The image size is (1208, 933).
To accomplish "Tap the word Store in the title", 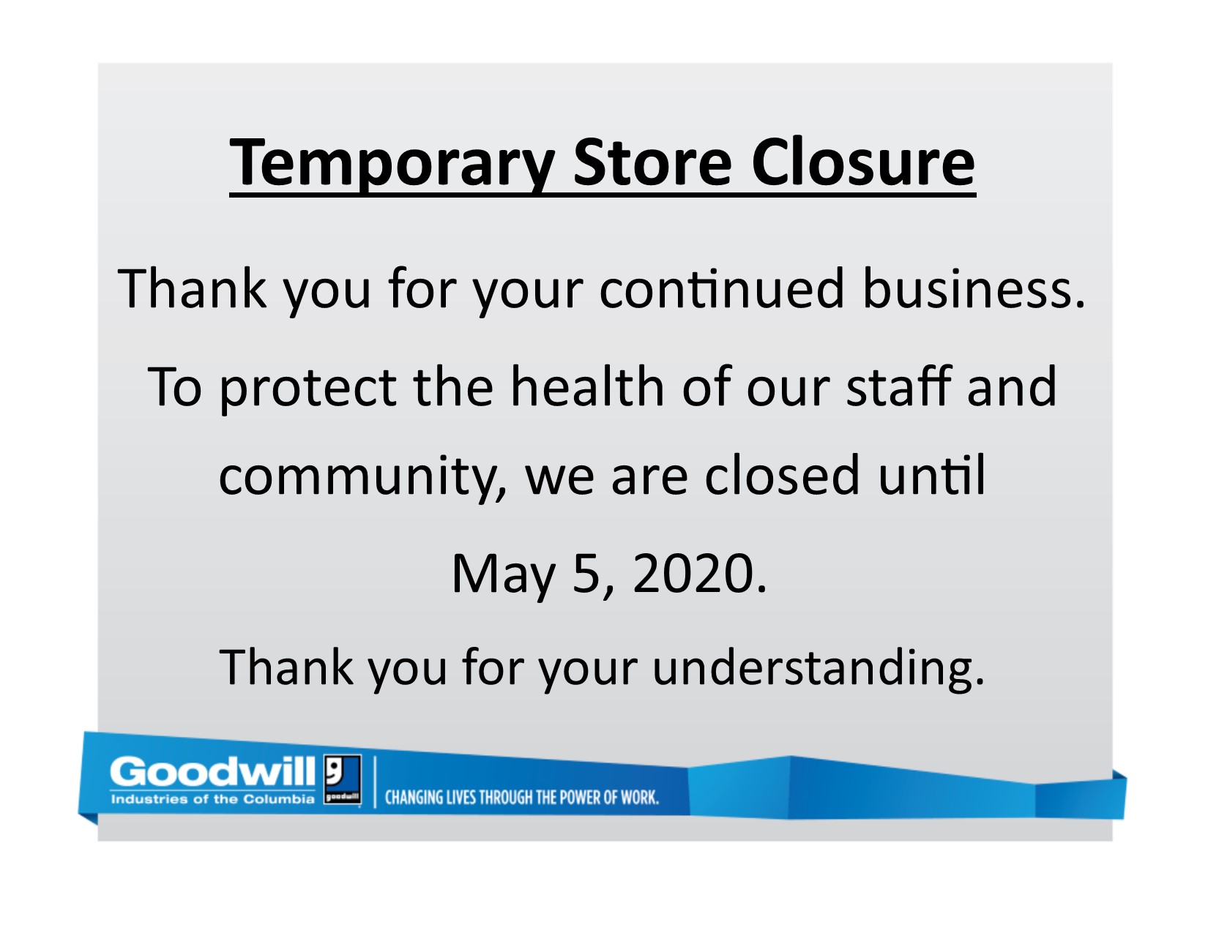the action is (652, 162).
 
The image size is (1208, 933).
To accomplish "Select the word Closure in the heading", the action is (862, 162).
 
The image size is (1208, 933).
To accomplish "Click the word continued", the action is (722, 289).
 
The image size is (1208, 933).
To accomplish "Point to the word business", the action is (974, 289).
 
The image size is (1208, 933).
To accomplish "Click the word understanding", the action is (819, 670).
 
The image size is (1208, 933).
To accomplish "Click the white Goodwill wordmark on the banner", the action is (212, 771).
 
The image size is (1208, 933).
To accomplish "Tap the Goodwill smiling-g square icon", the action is (343, 779).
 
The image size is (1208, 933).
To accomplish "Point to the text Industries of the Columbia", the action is (213, 799).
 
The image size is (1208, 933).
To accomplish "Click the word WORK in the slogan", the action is (639, 798).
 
